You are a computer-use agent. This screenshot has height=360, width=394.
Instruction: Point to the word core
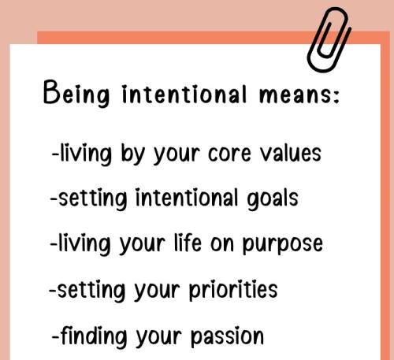pos(234,153)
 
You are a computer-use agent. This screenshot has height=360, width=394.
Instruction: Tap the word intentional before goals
pos(182,198)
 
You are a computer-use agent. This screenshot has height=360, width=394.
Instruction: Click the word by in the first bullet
pos(132,154)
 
